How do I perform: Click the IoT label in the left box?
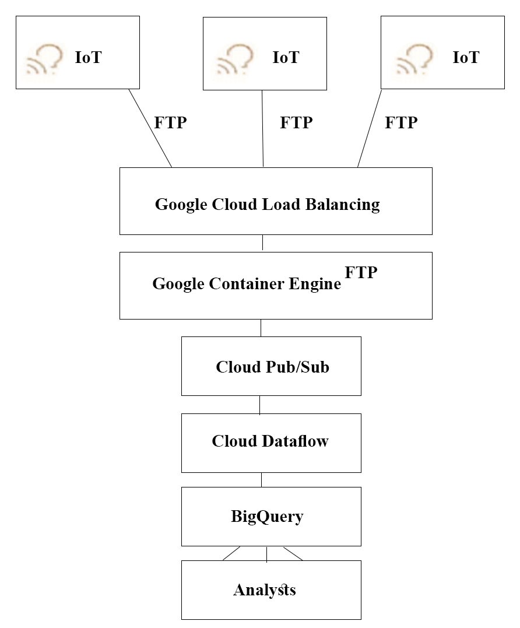pos(88,57)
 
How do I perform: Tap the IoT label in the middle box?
pos(286,57)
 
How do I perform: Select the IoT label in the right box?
pos(466,57)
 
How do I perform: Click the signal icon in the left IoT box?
pos(45,59)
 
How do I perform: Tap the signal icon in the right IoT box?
pos(414,59)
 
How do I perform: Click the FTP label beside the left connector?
pos(170,122)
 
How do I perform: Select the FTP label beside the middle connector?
pos(296,122)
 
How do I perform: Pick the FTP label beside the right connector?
pos(401,122)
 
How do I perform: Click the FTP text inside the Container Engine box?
pos(361,272)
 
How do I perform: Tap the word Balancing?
pos(343,205)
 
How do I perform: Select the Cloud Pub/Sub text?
pos(272,367)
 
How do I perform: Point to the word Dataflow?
pos(296,441)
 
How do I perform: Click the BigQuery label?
pos(267,517)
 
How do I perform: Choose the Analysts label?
pos(265,590)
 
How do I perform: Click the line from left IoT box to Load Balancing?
pos(150,128)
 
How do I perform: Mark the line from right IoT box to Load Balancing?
pos(370,128)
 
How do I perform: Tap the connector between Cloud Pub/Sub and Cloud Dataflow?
pos(260,405)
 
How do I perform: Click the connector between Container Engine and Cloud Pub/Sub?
pos(261,328)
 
